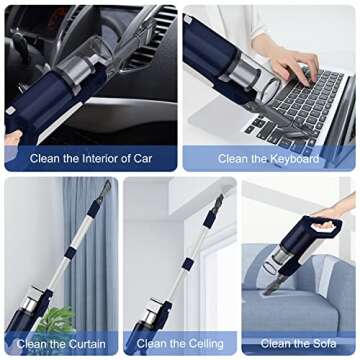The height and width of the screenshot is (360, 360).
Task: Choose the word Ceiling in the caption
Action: pos(202,343)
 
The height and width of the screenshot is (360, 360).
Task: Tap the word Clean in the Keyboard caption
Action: pos(234,158)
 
